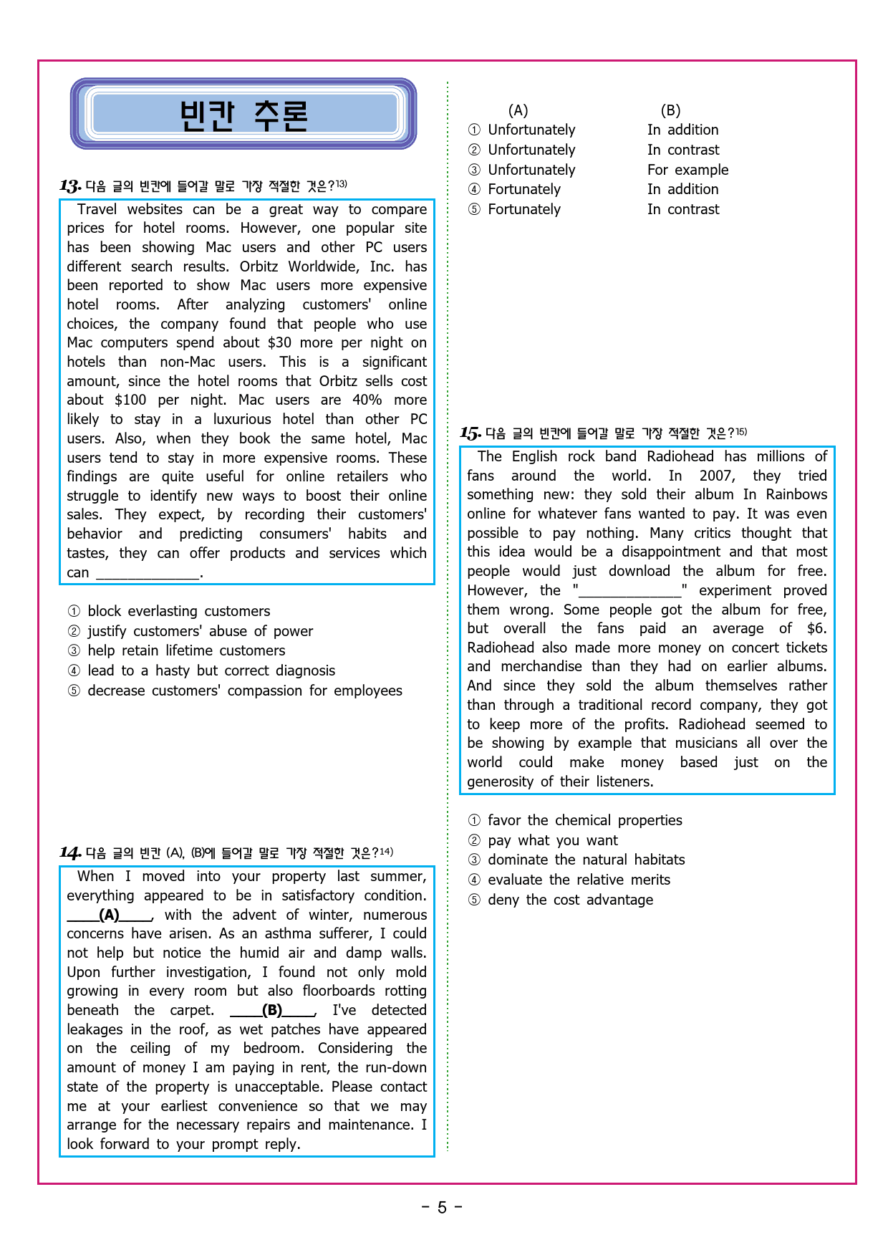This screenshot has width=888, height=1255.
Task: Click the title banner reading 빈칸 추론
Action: [x=243, y=115]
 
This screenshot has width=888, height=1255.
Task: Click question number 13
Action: [x=70, y=186]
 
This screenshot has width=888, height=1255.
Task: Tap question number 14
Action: [x=70, y=852]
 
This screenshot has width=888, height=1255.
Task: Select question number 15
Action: [x=470, y=433]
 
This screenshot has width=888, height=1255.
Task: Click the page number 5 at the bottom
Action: [x=442, y=1208]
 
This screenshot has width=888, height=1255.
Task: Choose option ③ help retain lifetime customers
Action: [x=185, y=650]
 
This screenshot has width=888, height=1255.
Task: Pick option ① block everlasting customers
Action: [x=178, y=611]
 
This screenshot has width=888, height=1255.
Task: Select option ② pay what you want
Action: [x=552, y=840]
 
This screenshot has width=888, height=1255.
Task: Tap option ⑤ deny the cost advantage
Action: [x=570, y=900]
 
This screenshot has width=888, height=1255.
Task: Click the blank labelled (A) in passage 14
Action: [x=110, y=915]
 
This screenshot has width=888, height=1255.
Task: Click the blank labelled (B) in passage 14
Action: [x=272, y=1010]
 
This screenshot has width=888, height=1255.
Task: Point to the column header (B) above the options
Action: [x=670, y=110]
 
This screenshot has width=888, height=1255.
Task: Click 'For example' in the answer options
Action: [x=687, y=170]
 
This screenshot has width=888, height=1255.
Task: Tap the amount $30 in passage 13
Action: [x=279, y=342]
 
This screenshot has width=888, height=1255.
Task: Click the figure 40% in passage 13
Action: [x=367, y=400]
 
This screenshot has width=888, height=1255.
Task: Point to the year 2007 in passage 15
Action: [x=716, y=476]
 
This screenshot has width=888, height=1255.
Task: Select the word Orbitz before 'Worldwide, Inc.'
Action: [x=259, y=266]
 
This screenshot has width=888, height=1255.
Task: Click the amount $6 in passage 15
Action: [x=816, y=628]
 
